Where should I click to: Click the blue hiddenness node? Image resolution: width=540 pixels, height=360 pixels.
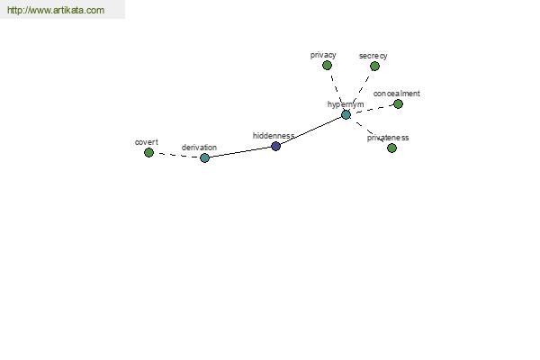[276, 147]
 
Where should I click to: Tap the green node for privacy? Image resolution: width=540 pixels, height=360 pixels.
[328, 65]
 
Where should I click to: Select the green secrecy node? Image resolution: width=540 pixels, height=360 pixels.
[374, 66]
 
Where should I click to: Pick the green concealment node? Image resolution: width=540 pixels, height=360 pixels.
[398, 104]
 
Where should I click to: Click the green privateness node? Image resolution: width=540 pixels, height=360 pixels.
[391, 148]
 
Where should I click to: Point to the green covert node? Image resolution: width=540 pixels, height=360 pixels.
[148, 153]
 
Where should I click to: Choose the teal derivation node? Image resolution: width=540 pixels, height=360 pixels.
[204, 158]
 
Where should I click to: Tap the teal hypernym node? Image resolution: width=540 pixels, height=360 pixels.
[346, 115]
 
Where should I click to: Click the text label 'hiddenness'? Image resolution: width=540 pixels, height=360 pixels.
[274, 136]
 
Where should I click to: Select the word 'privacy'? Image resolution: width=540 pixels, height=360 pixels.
[323, 55]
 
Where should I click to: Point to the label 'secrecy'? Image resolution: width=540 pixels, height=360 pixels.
[373, 56]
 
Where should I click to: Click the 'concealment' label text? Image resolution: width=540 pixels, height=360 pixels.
[396, 94]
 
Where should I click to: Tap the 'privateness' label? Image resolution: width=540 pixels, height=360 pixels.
[388, 138]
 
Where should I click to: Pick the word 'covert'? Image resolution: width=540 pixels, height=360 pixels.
[147, 142]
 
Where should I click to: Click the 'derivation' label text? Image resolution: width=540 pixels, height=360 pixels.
[199, 148]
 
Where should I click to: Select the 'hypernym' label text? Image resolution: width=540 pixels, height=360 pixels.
[346, 104]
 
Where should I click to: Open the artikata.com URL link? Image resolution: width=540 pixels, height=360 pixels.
[56, 10]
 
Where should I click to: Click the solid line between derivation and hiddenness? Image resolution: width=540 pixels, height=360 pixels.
[240, 152]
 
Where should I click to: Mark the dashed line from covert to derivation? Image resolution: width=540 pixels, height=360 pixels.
[176, 156]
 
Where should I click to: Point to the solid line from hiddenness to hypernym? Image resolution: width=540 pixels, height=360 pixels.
[311, 131]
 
